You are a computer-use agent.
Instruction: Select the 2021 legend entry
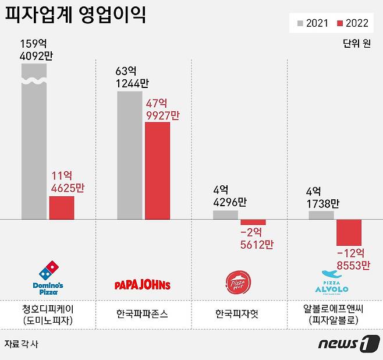click(313, 23)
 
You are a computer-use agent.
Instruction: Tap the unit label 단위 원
click(356, 44)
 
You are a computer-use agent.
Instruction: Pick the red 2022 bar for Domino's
click(61, 208)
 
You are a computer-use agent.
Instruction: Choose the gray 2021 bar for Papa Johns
click(129, 155)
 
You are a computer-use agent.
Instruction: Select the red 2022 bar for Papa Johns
click(157, 171)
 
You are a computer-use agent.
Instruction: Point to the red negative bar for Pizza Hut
click(253, 222)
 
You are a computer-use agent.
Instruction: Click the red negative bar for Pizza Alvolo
click(349, 232)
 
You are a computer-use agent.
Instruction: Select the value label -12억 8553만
click(352, 259)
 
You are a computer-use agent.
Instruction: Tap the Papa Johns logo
click(143, 285)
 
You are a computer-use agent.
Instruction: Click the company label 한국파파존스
click(143, 313)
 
